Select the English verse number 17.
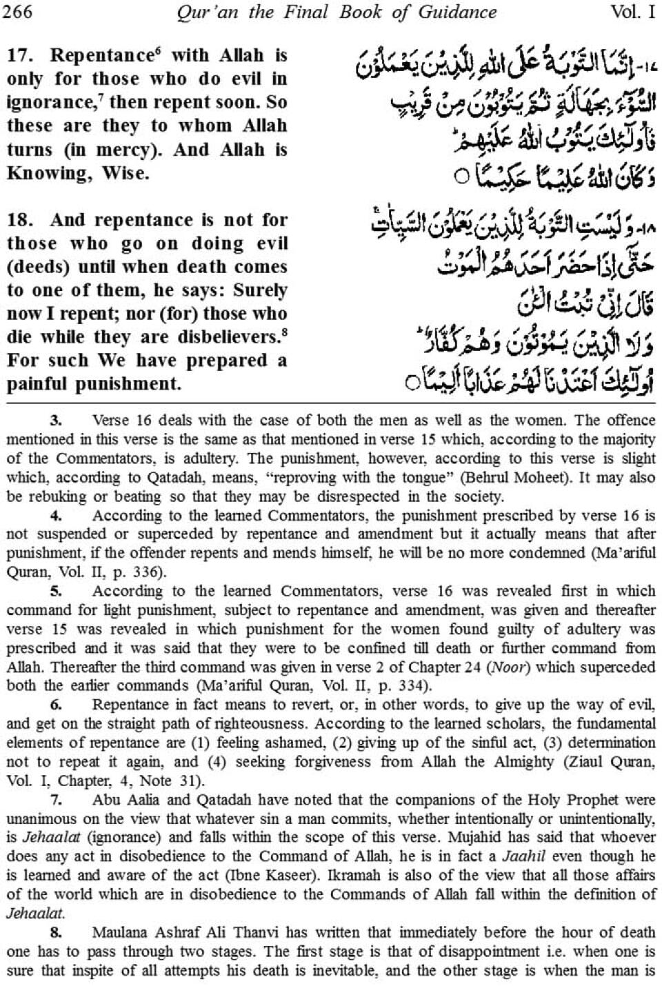point(19,55)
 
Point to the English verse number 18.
point(19,220)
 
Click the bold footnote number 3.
point(57,420)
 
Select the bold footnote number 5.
point(57,591)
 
